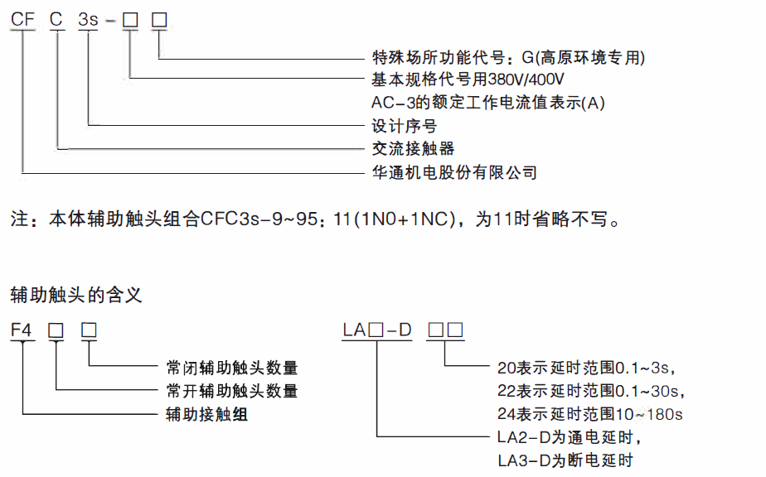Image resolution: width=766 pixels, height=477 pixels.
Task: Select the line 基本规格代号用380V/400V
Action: [468, 80]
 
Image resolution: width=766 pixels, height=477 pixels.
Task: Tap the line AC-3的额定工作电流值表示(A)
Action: [489, 103]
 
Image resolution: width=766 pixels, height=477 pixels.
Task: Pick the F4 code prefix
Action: [22, 330]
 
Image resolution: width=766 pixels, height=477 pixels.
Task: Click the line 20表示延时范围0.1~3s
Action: [589, 367]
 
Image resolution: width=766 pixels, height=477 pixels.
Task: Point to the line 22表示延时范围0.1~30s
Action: [594, 390]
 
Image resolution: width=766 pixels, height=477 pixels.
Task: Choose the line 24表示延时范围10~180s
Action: [590, 413]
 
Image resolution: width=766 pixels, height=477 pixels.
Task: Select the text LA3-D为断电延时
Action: [563, 460]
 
